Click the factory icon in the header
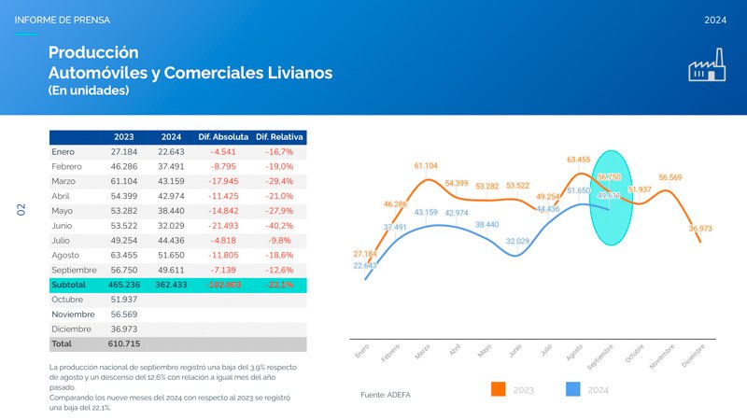pos(707,67)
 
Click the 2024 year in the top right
pos(716,20)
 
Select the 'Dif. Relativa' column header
pos(280,136)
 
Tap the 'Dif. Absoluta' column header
pos(222,136)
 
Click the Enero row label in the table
pos(63,151)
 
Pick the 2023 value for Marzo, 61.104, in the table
pos(124,181)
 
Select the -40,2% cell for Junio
pos(280,225)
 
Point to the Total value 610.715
pos(124,344)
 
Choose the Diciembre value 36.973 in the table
pos(124,329)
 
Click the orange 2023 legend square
pos(498,388)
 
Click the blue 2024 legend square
pos(573,388)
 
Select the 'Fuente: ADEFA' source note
pos(385,395)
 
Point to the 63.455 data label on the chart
pos(579,160)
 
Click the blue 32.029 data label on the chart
pos(518,241)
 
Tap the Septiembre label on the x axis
pos(599,357)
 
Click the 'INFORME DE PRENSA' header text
pos(63,20)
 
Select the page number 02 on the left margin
pos(21,210)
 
